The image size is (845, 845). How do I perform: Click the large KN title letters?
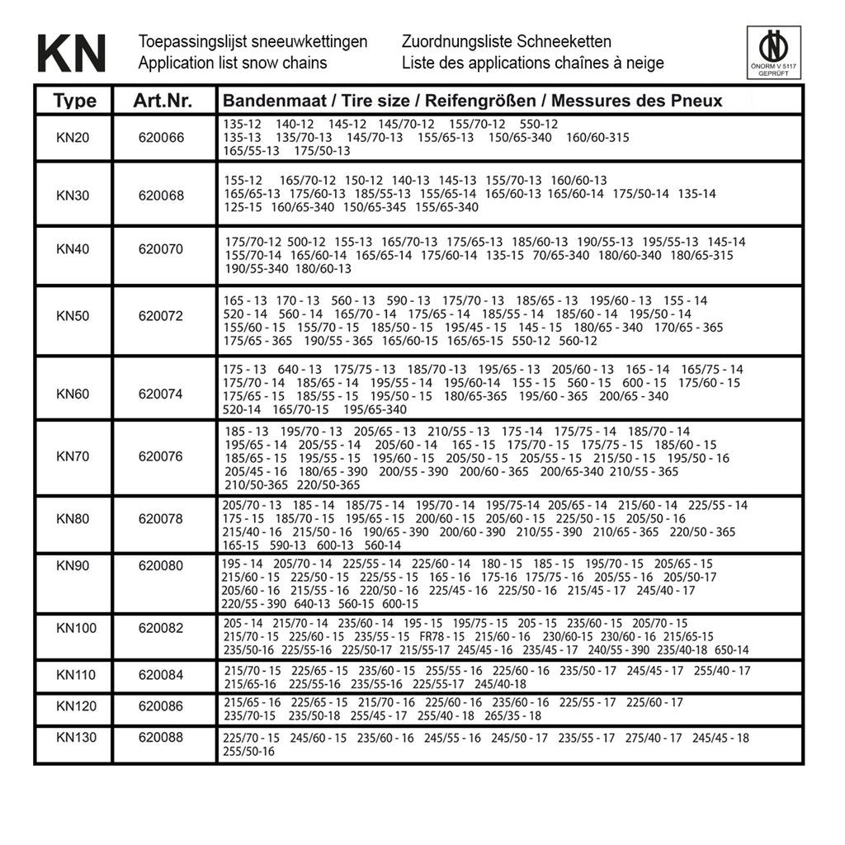click(72, 53)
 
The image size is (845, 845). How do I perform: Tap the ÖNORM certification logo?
click(773, 53)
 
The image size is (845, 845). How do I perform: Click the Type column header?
click(74, 101)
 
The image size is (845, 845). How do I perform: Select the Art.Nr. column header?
click(163, 101)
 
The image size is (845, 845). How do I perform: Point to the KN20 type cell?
click(73, 137)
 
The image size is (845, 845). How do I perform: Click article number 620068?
click(162, 196)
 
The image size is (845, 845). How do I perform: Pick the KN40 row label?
click(73, 249)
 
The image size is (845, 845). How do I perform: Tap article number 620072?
click(162, 316)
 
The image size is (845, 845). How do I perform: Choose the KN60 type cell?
click(73, 394)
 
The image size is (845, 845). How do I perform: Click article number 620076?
click(162, 456)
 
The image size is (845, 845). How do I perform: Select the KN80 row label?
click(73, 519)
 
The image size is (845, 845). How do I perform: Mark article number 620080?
click(162, 567)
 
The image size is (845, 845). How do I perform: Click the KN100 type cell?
click(76, 629)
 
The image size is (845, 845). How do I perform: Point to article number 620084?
click(162, 676)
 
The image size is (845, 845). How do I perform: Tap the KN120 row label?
click(76, 706)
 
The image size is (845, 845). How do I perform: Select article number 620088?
click(162, 737)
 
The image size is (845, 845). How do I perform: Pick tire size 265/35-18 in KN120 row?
click(513, 716)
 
